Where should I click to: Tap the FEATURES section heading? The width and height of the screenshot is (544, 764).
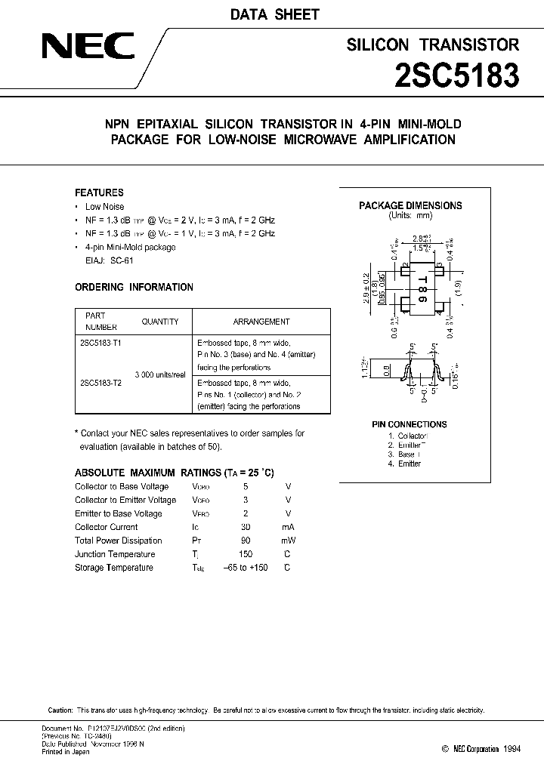[x=99, y=193]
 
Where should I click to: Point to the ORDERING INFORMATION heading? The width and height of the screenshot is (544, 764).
[x=134, y=287]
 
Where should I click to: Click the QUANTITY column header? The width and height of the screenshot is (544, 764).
[x=160, y=322]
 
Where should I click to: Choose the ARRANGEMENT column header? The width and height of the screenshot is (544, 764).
[x=261, y=322]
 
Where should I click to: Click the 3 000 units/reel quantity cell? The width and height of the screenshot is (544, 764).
[x=160, y=375]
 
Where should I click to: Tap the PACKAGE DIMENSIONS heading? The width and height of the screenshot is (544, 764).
[x=410, y=205]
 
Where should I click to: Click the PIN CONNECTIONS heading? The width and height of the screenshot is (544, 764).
[x=410, y=424]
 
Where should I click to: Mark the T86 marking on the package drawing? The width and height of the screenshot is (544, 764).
[x=422, y=288]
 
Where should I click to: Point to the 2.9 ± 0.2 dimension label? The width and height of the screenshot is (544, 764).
[x=366, y=288]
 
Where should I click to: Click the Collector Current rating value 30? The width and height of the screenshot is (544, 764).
[x=246, y=527]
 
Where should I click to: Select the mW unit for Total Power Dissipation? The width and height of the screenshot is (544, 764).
[x=288, y=541]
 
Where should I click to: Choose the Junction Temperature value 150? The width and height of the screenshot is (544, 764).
[x=246, y=554]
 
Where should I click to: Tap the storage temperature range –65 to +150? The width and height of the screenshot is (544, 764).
[x=246, y=568]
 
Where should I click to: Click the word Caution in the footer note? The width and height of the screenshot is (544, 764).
[x=60, y=710]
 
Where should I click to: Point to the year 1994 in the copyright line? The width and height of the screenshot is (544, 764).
[x=511, y=748]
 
